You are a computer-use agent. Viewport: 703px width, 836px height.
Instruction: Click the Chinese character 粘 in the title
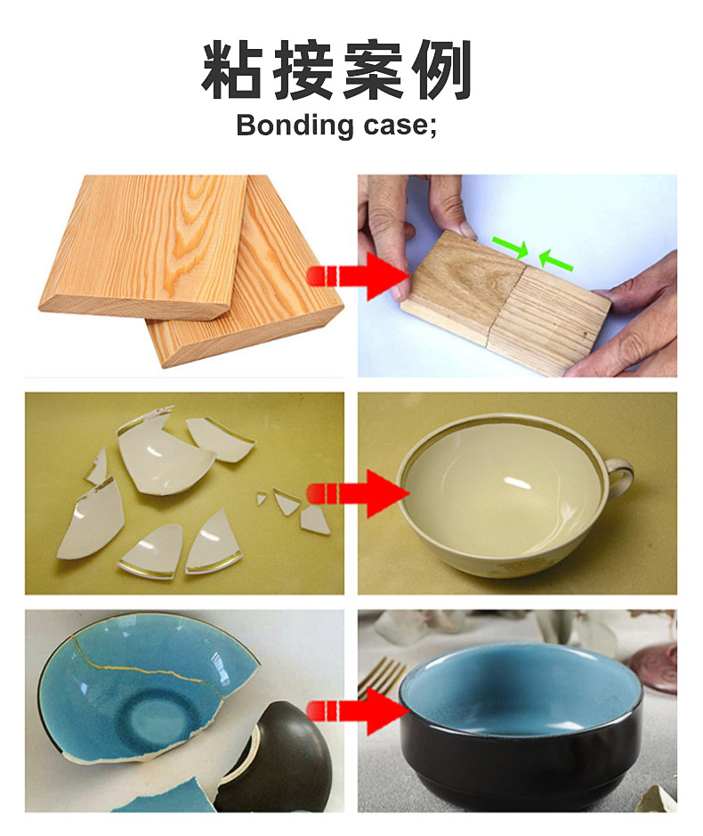232,69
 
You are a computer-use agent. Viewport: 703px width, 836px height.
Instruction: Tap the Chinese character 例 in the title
440,69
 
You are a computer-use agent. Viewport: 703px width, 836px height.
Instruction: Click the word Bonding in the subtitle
295,126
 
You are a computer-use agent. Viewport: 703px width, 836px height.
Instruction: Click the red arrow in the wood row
358,276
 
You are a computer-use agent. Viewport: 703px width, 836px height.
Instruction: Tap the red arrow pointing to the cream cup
358,494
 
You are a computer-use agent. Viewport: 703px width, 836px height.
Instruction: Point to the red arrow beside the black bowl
358,711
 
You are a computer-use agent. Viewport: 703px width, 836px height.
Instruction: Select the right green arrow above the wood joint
556,260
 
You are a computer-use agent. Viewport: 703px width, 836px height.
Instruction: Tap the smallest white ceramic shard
261,499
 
